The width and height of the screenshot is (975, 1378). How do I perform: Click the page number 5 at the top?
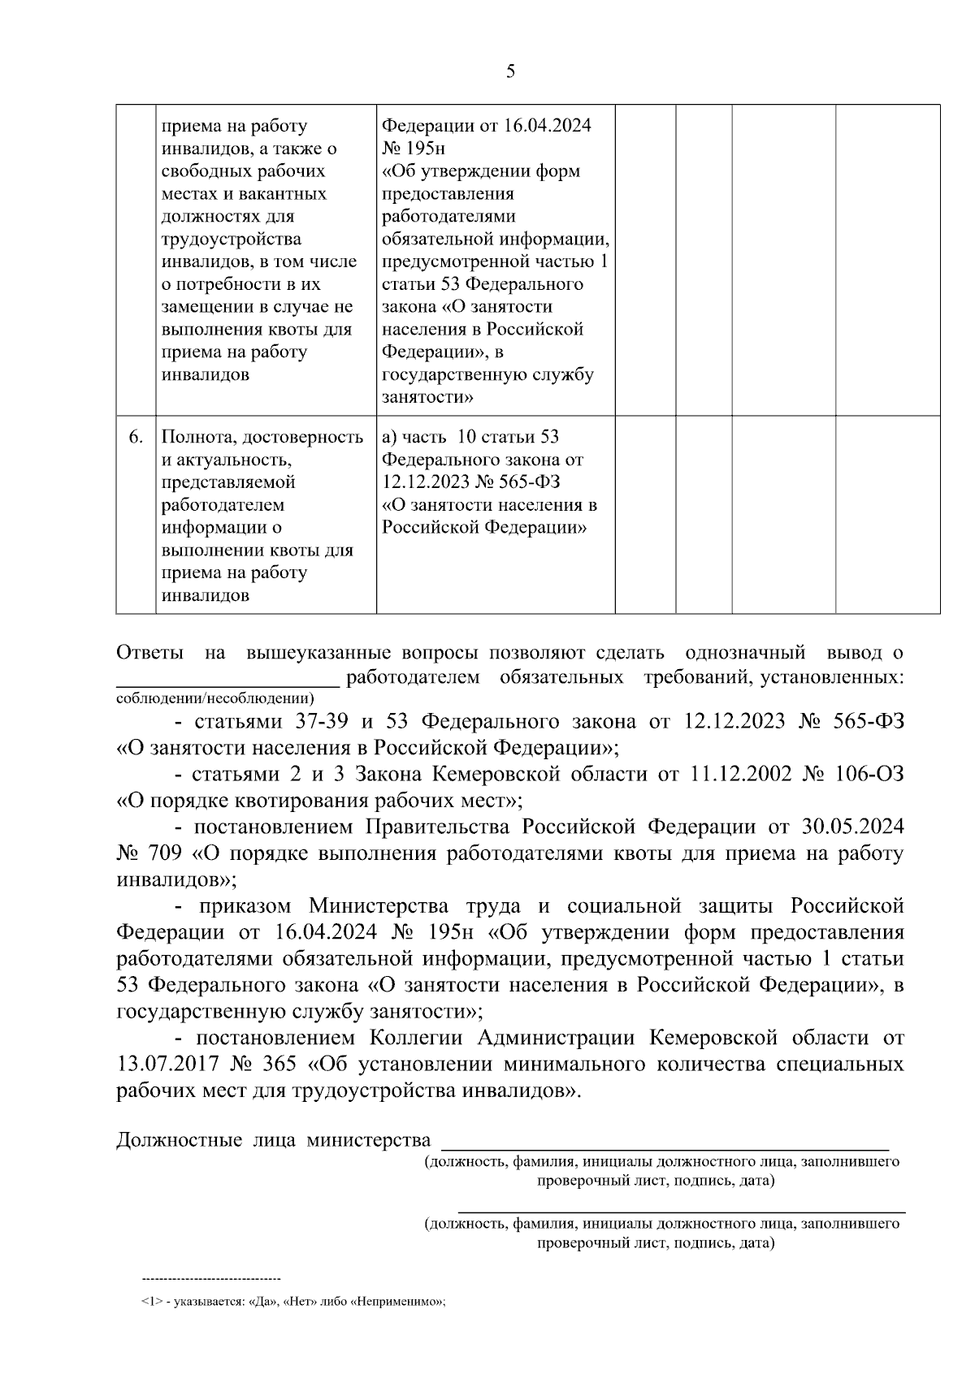tap(510, 71)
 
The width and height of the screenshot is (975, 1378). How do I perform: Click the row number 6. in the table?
tap(136, 437)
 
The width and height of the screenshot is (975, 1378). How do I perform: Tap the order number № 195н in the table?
tap(413, 149)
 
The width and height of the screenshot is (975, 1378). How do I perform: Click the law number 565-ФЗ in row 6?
tap(527, 482)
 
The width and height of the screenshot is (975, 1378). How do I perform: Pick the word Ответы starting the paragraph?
tap(150, 653)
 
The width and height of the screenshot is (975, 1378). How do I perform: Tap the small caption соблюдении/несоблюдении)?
tap(215, 698)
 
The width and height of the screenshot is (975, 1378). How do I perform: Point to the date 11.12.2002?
tap(740, 774)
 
